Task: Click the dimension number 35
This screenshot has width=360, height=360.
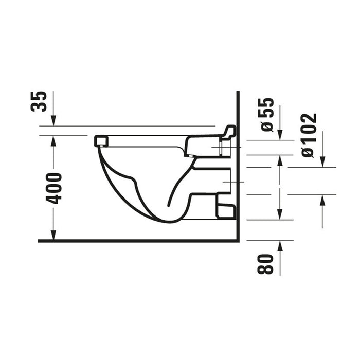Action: [x=39, y=101]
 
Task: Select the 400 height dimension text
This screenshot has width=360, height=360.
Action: [x=53, y=189]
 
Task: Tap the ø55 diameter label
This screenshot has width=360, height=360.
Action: [x=267, y=115]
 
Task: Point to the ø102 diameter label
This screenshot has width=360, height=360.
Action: [x=309, y=135]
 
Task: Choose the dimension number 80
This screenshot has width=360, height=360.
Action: [x=265, y=264]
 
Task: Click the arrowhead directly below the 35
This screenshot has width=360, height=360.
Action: [x=53, y=121]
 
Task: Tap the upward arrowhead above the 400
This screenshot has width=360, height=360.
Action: [x=53, y=141]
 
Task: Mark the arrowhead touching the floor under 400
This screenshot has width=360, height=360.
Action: [x=53, y=235]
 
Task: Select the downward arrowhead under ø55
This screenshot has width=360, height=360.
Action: [x=280, y=135]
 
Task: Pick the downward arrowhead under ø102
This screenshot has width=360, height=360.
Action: [x=322, y=162]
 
